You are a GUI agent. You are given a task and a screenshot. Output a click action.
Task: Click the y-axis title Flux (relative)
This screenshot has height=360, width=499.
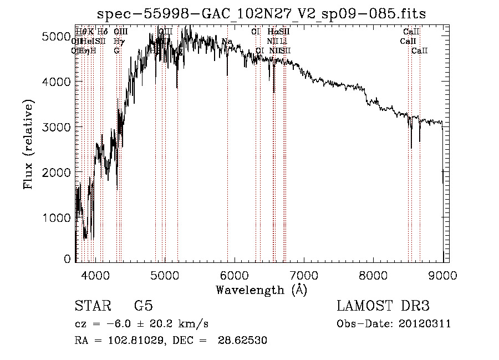pyautogui.click(x=28, y=144)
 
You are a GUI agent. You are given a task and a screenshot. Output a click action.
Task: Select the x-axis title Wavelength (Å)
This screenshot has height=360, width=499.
pyautogui.click(x=261, y=290)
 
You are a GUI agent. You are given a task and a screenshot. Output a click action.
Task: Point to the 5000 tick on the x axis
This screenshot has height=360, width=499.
pyautogui.click(x=164, y=275)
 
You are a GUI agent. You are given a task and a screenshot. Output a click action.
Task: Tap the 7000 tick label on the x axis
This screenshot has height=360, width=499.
pyautogui.click(x=304, y=275)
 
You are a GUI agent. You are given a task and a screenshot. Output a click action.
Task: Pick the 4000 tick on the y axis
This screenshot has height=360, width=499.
pyautogui.click(x=57, y=82)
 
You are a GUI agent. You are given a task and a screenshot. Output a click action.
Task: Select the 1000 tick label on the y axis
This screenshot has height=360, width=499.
pyautogui.click(x=57, y=218)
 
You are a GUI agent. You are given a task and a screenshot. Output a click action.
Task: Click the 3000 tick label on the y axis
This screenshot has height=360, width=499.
pyautogui.click(x=57, y=127)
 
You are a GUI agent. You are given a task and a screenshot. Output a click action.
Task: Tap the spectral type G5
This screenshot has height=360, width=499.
pyautogui.click(x=143, y=306)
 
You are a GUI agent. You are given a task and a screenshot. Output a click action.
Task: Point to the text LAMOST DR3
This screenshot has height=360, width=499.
pyautogui.click(x=383, y=306)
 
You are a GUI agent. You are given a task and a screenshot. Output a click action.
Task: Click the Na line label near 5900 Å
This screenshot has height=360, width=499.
pyautogui.click(x=227, y=42)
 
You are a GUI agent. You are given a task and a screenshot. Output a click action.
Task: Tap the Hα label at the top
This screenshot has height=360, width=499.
pyautogui.click(x=272, y=32)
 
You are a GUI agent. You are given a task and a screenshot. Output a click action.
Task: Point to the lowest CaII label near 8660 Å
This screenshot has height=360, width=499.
pyautogui.click(x=419, y=50)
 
